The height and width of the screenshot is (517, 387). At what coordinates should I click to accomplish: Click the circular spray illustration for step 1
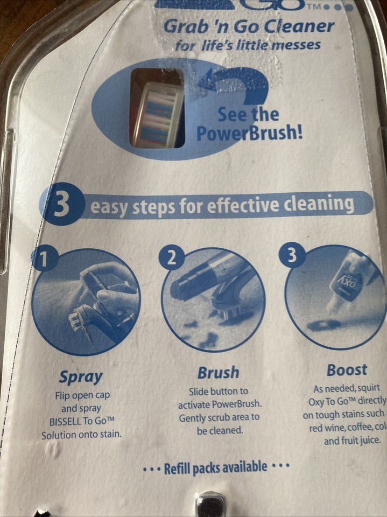(86, 302)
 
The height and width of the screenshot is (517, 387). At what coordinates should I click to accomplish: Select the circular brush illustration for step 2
(213, 299)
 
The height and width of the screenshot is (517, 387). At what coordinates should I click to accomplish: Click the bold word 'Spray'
(81, 377)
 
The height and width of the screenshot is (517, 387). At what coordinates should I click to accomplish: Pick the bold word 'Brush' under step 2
(218, 372)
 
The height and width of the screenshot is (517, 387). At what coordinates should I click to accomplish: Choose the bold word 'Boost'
(347, 370)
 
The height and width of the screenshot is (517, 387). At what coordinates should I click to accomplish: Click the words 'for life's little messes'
(248, 45)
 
